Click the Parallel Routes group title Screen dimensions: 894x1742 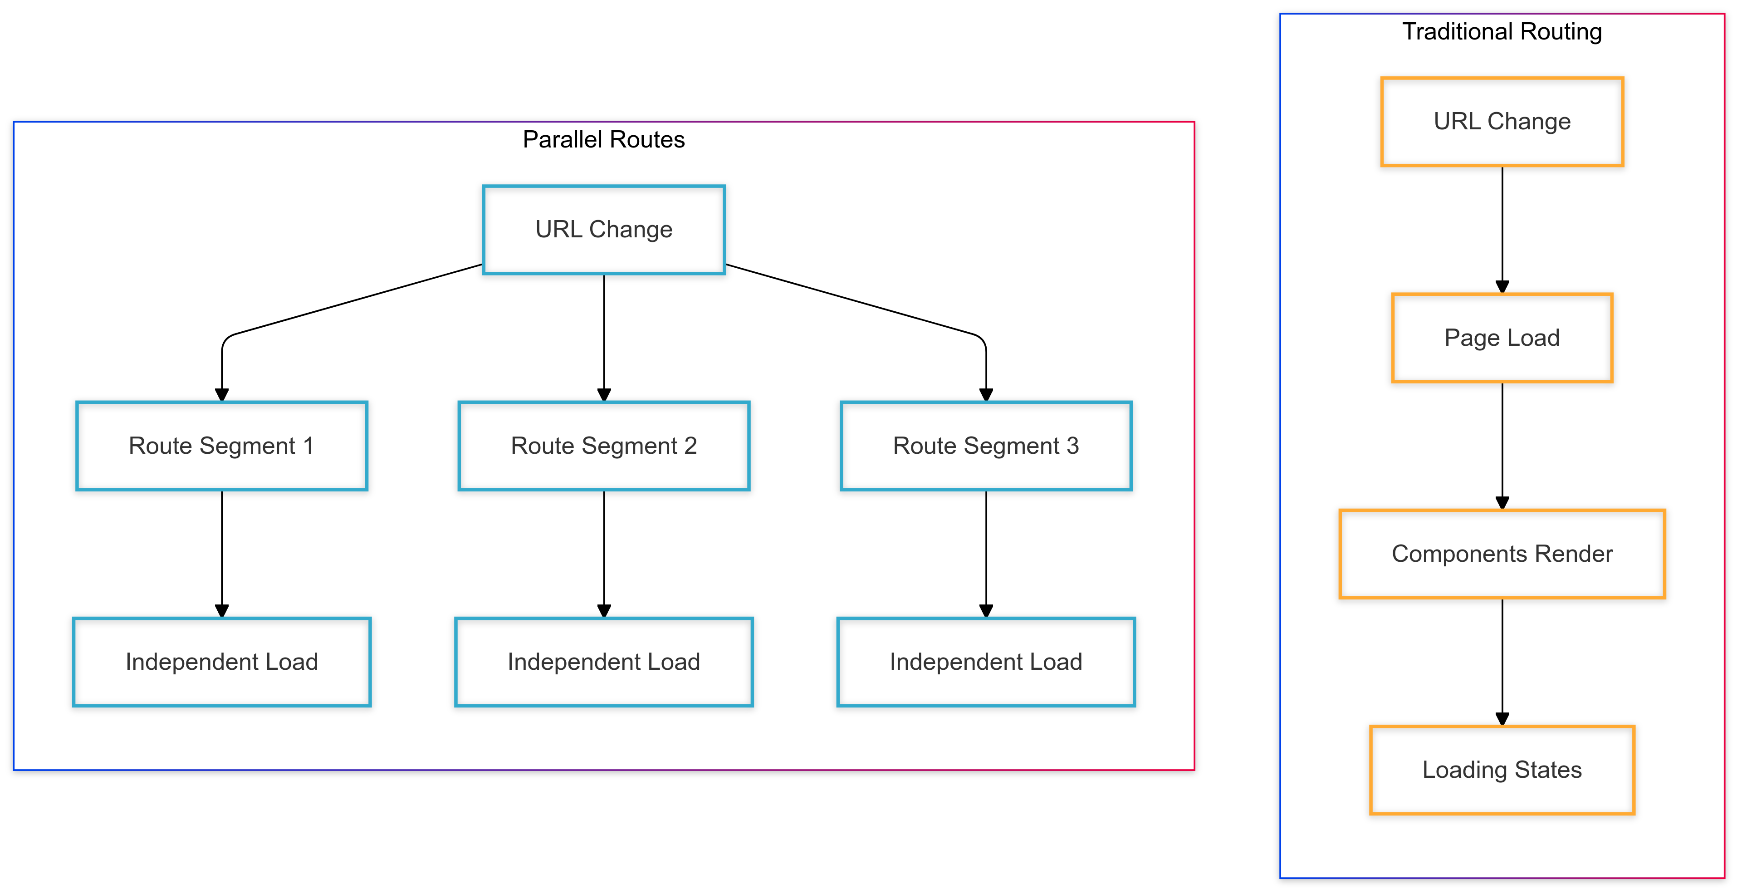(603, 139)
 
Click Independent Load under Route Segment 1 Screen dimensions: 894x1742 (222, 662)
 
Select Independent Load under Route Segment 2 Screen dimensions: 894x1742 (603, 662)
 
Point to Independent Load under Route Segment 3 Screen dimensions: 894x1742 (985, 662)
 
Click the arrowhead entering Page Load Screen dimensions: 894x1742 (1502, 287)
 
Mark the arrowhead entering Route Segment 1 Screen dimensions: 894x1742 (222, 394)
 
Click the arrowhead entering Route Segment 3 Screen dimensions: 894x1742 (985, 394)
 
